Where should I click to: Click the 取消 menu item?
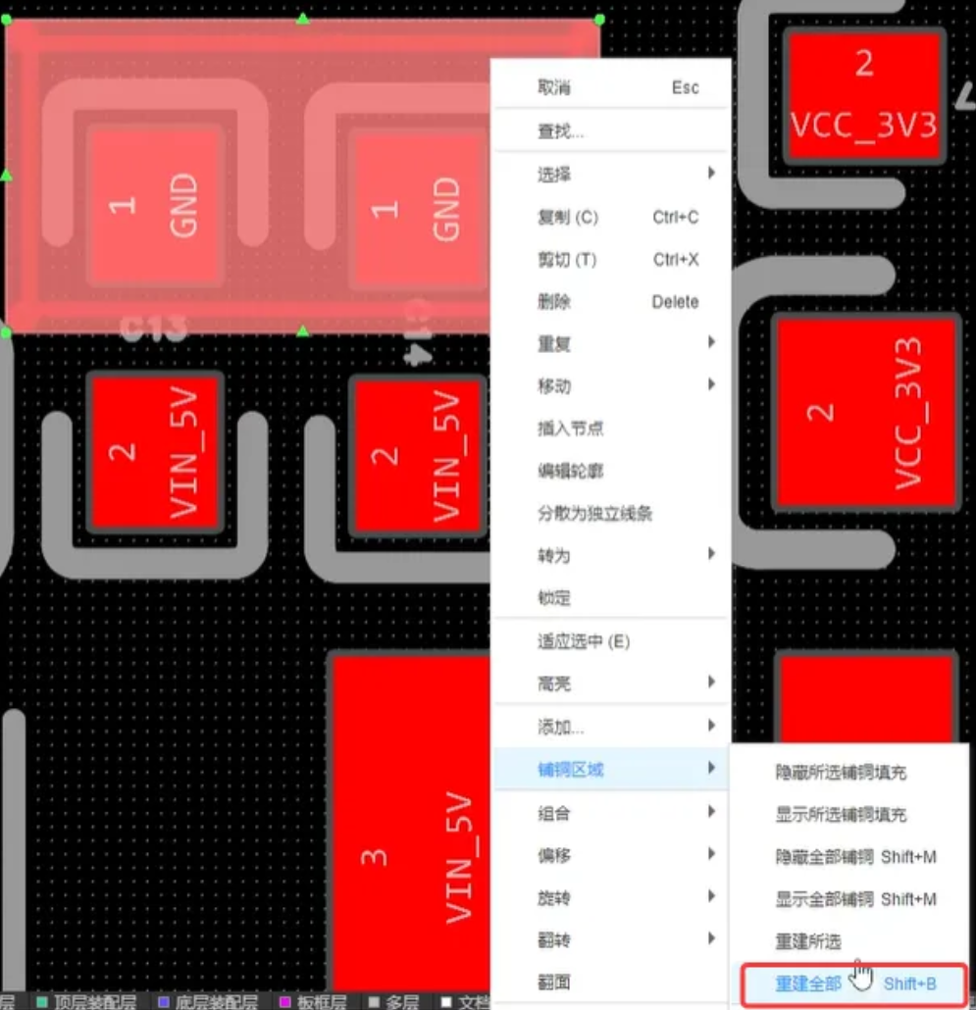(553, 88)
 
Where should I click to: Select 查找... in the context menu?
(560, 131)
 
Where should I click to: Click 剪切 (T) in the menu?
(566, 260)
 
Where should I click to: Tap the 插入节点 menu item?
(570, 429)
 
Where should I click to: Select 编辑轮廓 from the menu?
(570, 471)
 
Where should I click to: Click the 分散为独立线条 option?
(594, 513)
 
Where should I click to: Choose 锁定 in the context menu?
(553, 598)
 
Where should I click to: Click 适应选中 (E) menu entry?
(583, 642)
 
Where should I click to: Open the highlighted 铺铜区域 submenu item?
(570, 770)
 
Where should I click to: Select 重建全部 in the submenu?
(808, 984)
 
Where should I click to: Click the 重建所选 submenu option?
(808, 941)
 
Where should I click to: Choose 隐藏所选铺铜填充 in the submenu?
(841, 773)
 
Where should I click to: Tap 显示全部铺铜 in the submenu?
(825, 899)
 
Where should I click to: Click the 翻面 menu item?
(553, 983)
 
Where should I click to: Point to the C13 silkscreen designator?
(153, 328)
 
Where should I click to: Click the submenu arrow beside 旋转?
(711, 897)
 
